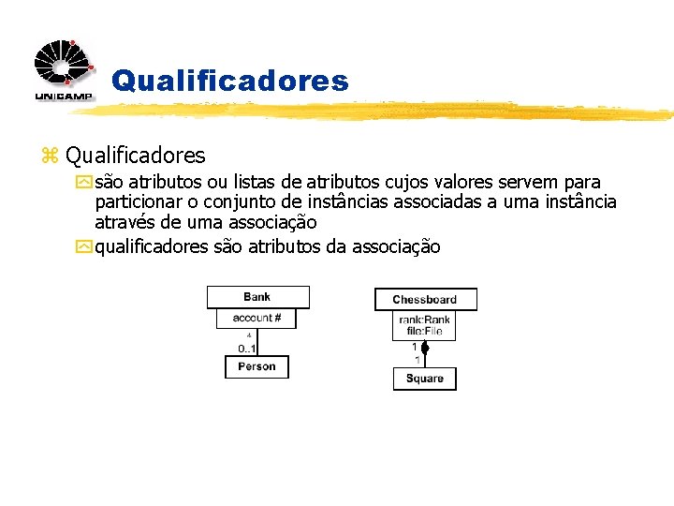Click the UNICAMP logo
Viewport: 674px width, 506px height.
[64, 69]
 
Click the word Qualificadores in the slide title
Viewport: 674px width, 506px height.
[229, 82]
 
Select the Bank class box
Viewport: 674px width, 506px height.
[256, 297]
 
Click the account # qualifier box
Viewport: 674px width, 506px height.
[256, 318]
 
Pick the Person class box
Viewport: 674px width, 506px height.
[256, 366]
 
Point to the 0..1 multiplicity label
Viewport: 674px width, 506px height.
[247, 349]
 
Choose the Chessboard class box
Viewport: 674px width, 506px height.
[425, 300]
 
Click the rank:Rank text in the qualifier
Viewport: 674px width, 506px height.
[425, 320]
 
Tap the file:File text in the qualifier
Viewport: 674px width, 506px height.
[425, 331]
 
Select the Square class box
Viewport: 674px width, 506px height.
[425, 379]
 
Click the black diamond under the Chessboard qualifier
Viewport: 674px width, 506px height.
[424, 349]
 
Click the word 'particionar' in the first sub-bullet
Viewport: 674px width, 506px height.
[139, 202]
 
